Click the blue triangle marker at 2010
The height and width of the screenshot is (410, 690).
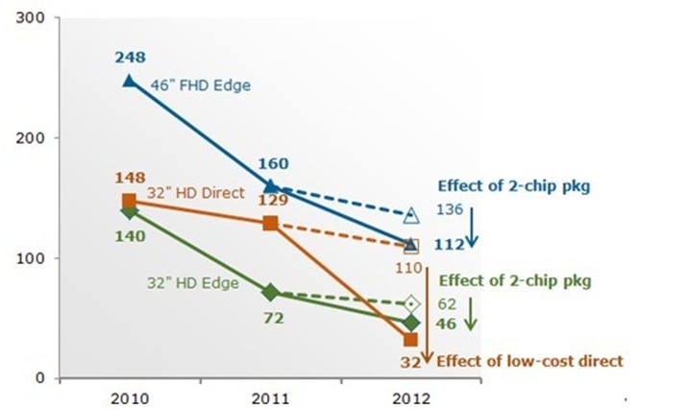coord(129,81)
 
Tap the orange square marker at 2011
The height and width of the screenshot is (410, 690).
coord(270,224)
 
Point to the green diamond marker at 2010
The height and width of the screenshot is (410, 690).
coord(129,211)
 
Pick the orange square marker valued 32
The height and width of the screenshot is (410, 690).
coord(411,339)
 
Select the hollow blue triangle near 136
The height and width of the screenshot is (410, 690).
coord(411,215)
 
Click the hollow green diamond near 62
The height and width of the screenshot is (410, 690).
coord(411,303)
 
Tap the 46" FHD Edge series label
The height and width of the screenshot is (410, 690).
coord(200,85)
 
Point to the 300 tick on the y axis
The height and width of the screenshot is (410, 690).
coord(34,17)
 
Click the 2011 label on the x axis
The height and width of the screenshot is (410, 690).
coord(270,396)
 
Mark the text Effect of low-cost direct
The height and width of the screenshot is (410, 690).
coord(530,361)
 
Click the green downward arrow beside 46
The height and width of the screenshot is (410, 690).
coord(470,314)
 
